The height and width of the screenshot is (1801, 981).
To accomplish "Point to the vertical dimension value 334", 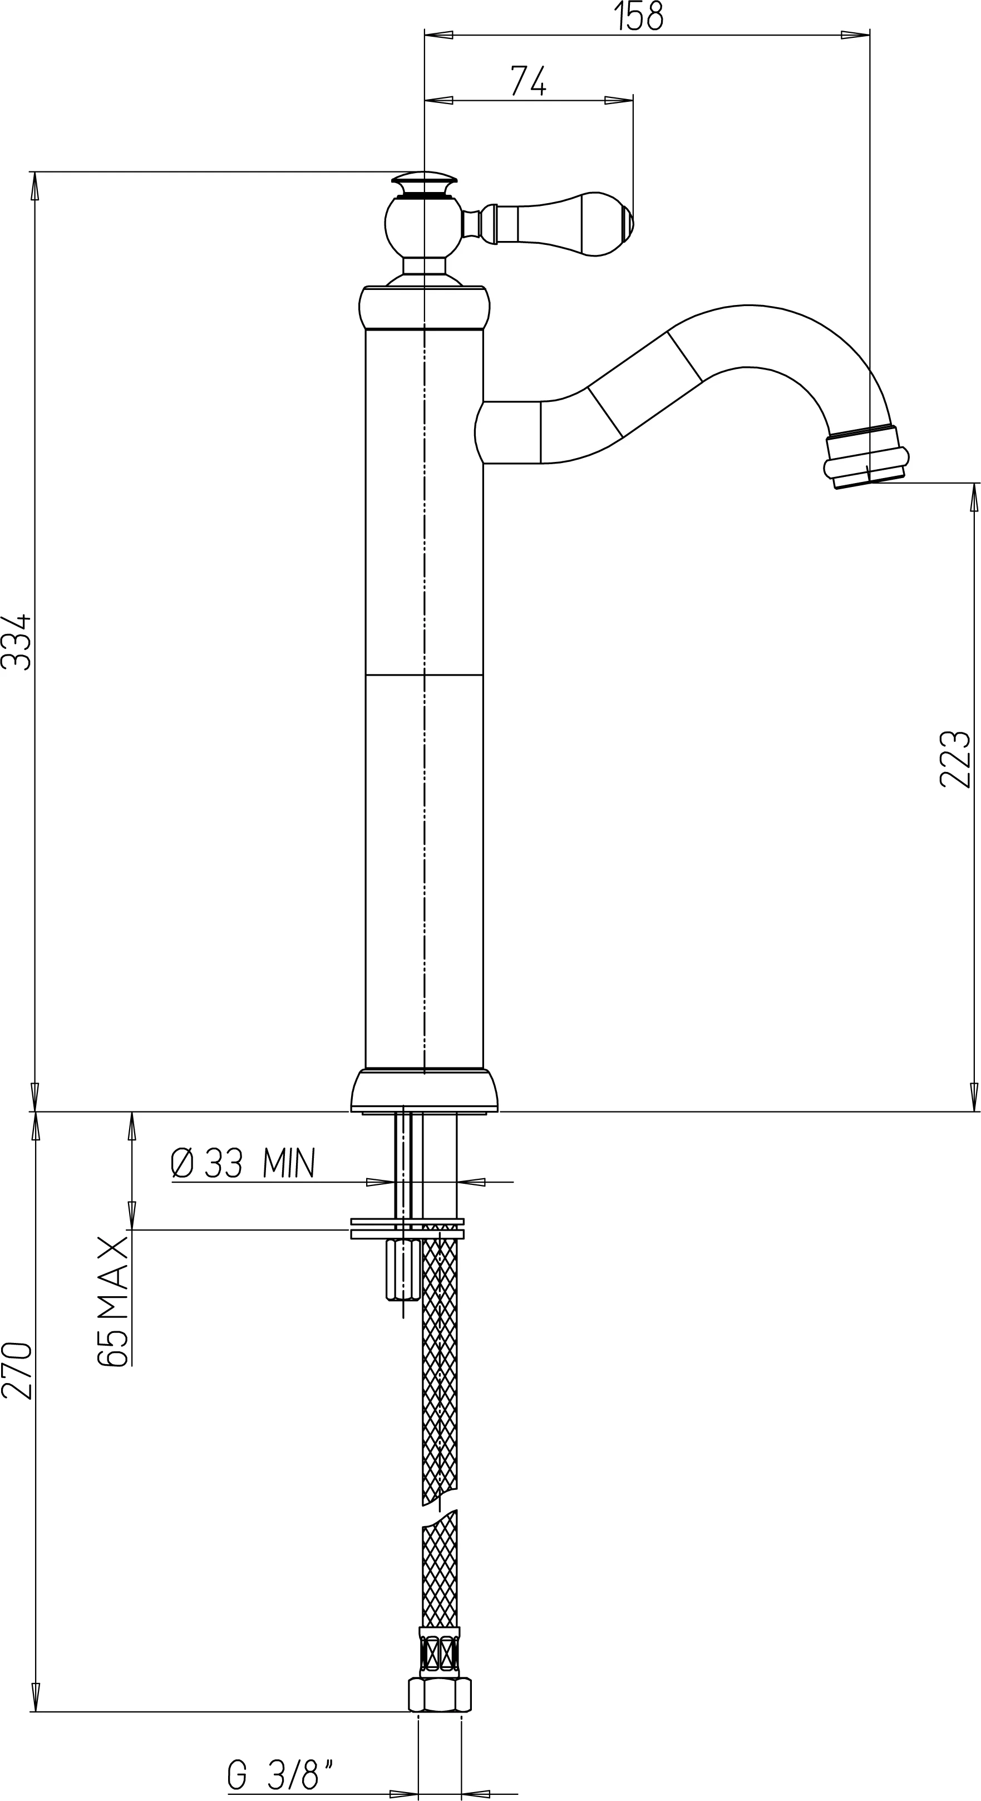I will pos(16,642).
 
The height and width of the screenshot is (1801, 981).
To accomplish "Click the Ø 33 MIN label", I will pos(243,1163).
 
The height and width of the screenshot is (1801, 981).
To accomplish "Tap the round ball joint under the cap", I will pos(423,227).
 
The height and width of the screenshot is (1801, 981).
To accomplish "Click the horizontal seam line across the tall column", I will pos(425,675).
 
